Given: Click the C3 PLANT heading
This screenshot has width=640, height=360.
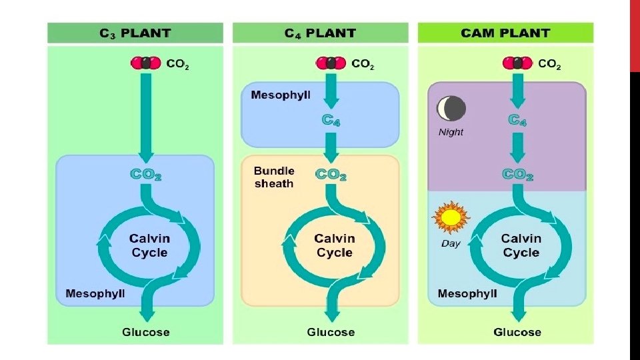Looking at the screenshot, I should (x=135, y=33).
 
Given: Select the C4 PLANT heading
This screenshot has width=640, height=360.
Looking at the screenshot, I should (x=320, y=33).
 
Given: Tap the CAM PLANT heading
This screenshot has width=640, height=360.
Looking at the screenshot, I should (x=505, y=33).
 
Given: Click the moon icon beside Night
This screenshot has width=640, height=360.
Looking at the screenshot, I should (x=451, y=109).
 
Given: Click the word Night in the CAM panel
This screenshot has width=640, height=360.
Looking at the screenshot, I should (x=451, y=132).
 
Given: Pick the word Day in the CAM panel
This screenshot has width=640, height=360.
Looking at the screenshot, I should (x=451, y=243).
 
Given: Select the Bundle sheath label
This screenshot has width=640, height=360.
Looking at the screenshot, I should (x=274, y=177).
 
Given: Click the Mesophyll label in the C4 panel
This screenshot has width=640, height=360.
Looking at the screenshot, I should (x=281, y=95).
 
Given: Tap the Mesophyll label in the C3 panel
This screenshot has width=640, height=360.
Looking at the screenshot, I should (x=95, y=293).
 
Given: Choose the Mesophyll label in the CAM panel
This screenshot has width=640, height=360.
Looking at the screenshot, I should (x=467, y=293).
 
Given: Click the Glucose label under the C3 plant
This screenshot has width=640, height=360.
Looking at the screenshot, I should (x=146, y=332).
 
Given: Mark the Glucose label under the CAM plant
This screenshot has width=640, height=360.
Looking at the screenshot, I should (x=517, y=332).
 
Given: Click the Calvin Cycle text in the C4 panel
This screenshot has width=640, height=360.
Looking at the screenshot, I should (x=335, y=245).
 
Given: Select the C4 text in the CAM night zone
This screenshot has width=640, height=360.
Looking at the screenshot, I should (x=518, y=121).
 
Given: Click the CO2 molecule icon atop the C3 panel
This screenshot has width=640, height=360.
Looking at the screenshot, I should (x=146, y=63).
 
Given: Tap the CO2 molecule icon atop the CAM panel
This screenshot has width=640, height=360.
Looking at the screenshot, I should (x=518, y=63).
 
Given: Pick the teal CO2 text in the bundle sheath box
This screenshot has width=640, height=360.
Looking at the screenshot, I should (x=331, y=175).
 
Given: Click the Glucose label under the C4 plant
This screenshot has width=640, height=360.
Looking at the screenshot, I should (x=331, y=332).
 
